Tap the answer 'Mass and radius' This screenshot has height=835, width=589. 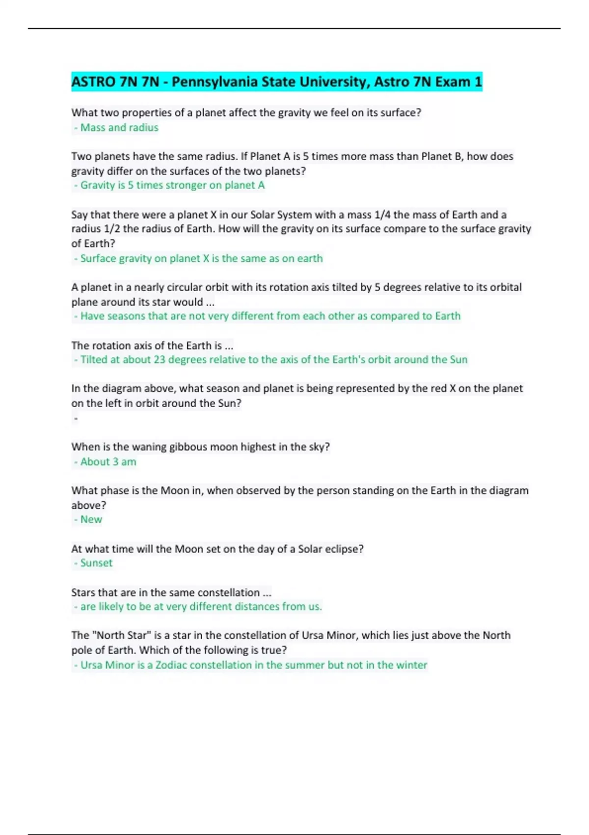[x=119, y=128]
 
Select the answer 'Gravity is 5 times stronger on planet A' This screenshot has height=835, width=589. [x=172, y=185]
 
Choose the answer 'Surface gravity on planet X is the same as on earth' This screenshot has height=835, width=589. [x=201, y=258]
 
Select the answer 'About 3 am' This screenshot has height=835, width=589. [x=108, y=462]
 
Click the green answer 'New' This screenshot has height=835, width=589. [x=91, y=520]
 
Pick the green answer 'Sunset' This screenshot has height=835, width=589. [x=96, y=563]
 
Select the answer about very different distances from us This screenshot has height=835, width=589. [x=201, y=607]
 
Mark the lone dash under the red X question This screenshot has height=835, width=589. [x=76, y=418]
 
